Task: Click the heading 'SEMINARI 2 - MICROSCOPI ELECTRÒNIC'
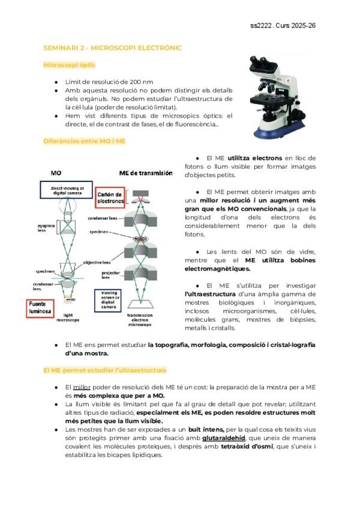coord(113,47)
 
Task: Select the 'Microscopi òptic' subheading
coord(69,65)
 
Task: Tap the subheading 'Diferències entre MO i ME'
coord(85,141)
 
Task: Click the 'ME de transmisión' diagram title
coord(146,173)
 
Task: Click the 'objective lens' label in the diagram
coord(96,262)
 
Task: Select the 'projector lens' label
coord(106,275)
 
